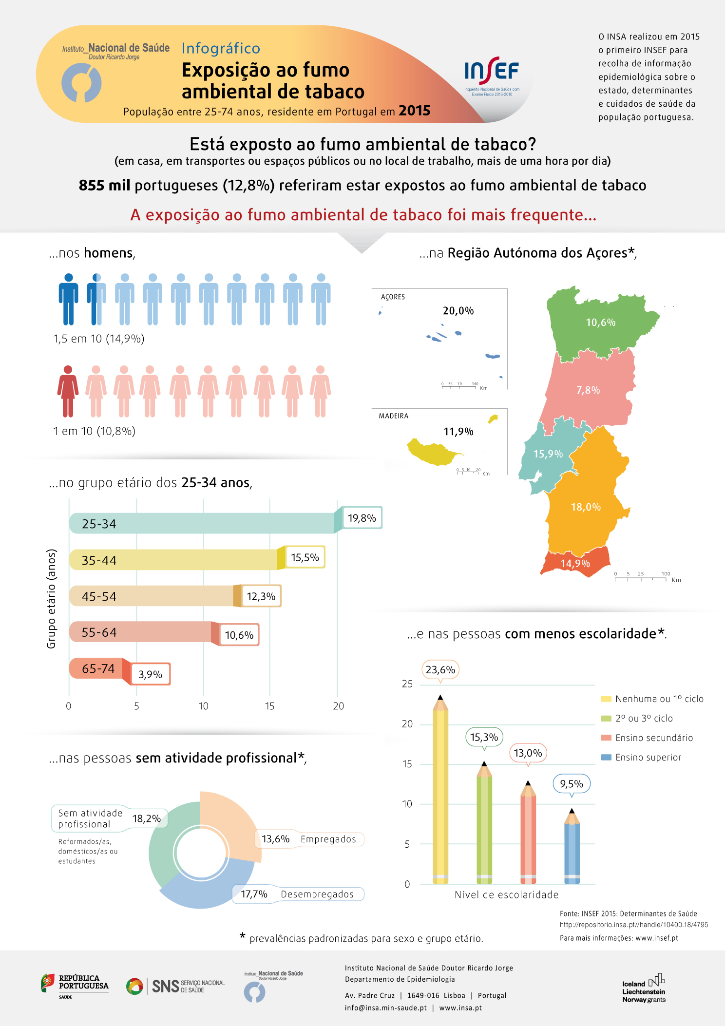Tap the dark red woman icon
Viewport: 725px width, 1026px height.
click(x=68, y=391)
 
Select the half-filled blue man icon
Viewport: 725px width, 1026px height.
click(x=96, y=299)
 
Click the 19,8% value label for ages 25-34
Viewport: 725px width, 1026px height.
click(x=362, y=518)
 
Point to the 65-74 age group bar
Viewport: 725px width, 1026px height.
click(x=97, y=668)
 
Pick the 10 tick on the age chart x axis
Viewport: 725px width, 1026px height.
click(x=203, y=706)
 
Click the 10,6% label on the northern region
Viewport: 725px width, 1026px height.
click(x=600, y=323)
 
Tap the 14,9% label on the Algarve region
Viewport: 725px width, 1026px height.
click(x=575, y=564)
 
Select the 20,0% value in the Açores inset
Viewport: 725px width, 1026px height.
click(x=458, y=311)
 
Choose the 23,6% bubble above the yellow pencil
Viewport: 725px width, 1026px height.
click(x=440, y=670)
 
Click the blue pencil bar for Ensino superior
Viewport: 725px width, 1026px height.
click(x=572, y=850)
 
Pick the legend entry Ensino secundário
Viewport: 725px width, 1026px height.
click(x=654, y=738)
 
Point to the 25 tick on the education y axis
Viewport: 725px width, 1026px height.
click(x=407, y=684)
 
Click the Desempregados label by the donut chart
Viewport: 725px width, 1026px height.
click(x=317, y=894)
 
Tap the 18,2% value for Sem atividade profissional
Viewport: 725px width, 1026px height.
click(x=147, y=818)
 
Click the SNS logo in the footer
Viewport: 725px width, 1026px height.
click(x=175, y=986)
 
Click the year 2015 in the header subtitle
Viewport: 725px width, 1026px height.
click(x=414, y=111)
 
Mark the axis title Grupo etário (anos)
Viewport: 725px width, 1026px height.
click(x=52, y=599)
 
